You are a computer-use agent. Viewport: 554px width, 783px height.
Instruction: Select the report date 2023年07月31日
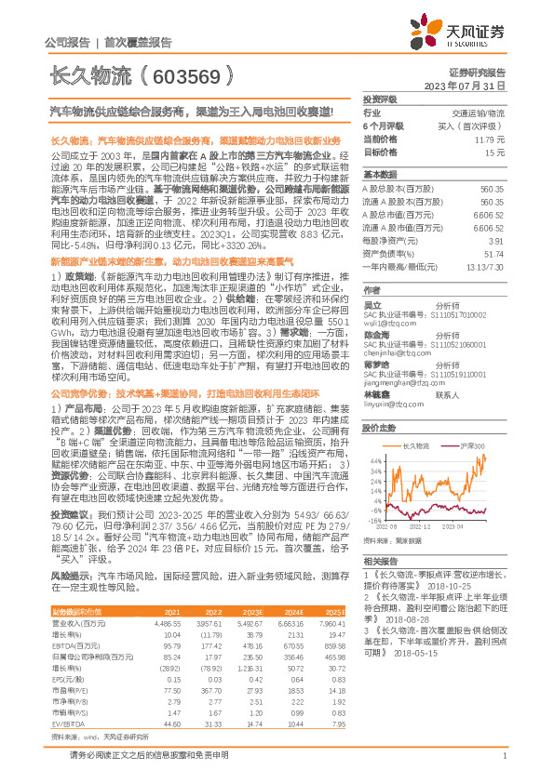point(467,85)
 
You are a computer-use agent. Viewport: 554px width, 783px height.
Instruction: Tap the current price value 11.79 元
point(490,139)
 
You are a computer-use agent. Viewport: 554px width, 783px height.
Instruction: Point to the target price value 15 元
point(494,151)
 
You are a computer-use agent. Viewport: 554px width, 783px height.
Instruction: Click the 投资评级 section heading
point(379,98)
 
